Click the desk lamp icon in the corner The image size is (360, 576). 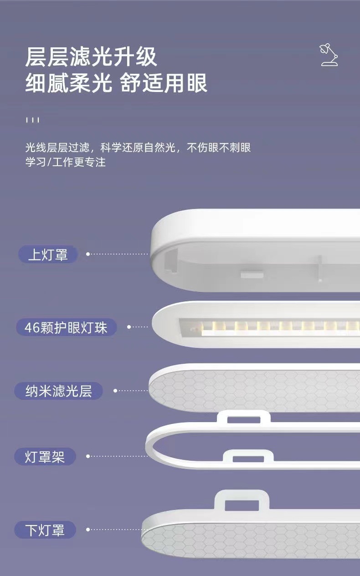point(329,55)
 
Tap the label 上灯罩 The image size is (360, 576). point(48,255)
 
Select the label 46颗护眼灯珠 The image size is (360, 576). point(66,327)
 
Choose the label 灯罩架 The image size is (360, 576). point(45,456)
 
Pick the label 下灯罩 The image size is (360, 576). point(45,530)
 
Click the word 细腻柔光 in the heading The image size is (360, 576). point(68,84)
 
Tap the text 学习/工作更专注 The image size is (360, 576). point(65,162)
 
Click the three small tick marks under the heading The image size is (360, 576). point(32,120)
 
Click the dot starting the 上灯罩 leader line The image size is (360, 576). point(88,254)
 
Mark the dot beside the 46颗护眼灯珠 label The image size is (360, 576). point(129,327)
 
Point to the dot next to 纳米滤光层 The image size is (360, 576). point(115,391)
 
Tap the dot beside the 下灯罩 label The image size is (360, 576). point(88,530)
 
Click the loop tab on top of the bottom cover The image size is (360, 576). point(242,500)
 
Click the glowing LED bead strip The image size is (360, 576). point(273,327)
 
